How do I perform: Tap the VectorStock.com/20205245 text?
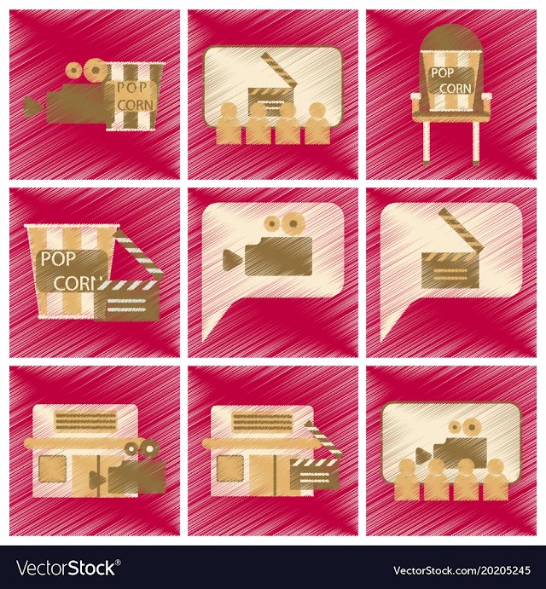pyautogui.click(x=462, y=570)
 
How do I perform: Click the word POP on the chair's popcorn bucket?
pyautogui.click(x=442, y=72)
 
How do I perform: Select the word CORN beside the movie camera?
pyautogui.click(x=136, y=104)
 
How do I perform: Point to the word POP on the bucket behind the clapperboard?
pyautogui.click(x=58, y=259)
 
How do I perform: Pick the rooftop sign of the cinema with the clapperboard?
pyautogui.click(x=263, y=422)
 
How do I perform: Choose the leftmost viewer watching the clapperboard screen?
pyautogui.click(x=228, y=124)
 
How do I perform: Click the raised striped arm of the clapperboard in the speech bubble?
pyautogui.click(x=461, y=229)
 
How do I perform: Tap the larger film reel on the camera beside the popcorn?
pyautogui.click(x=96, y=70)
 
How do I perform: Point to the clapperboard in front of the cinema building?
pyautogui.click(x=315, y=462)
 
